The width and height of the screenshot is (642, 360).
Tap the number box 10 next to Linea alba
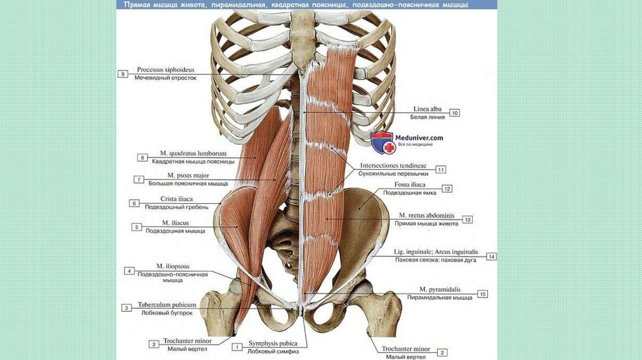[x=455, y=113]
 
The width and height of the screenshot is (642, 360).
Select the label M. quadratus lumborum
[x=192, y=153]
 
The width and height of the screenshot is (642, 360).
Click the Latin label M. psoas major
[x=188, y=175]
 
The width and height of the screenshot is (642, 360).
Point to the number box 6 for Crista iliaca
[x=134, y=203]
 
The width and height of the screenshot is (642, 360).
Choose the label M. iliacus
[x=176, y=223]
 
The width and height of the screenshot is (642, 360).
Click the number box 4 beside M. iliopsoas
[x=129, y=271]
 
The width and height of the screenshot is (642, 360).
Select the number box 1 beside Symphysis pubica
[x=237, y=346]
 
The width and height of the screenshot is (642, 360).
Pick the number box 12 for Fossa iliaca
[x=447, y=188]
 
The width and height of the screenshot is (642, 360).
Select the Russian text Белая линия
[x=426, y=117]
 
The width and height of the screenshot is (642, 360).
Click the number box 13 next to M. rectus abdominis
[x=468, y=220]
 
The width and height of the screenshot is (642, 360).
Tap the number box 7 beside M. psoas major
[x=139, y=179]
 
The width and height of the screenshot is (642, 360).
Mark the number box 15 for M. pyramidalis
[x=482, y=294]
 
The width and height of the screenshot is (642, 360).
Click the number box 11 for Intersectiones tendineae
[x=441, y=169]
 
